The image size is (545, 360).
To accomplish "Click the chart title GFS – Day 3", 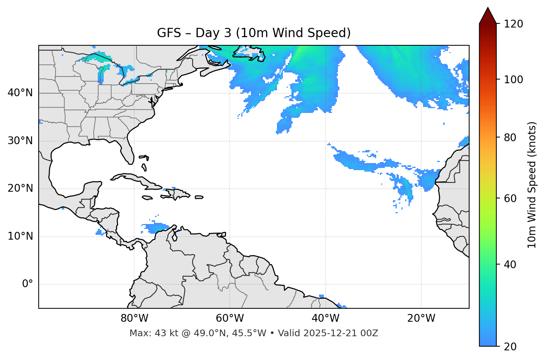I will click(x=254, y=33).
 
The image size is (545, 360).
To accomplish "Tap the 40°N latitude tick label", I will click(x=20, y=93).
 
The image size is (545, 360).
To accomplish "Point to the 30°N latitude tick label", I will click(x=20, y=141).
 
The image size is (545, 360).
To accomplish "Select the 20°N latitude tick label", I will click(x=20, y=188).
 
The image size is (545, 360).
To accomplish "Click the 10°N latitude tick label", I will click(x=20, y=236).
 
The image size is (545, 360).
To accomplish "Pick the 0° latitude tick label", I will click(x=27, y=284).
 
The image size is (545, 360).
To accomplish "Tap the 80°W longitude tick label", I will click(x=134, y=318).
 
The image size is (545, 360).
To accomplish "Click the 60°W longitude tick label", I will click(x=230, y=318).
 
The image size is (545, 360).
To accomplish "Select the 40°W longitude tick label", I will click(x=325, y=318).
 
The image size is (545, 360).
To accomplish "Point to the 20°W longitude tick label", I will click(x=421, y=318).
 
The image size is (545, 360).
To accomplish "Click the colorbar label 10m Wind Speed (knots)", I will click(x=532, y=185).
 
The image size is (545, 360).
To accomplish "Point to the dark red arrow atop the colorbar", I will click(x=488, y=16).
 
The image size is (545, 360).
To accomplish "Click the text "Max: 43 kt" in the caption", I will click(x=149, y=333).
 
